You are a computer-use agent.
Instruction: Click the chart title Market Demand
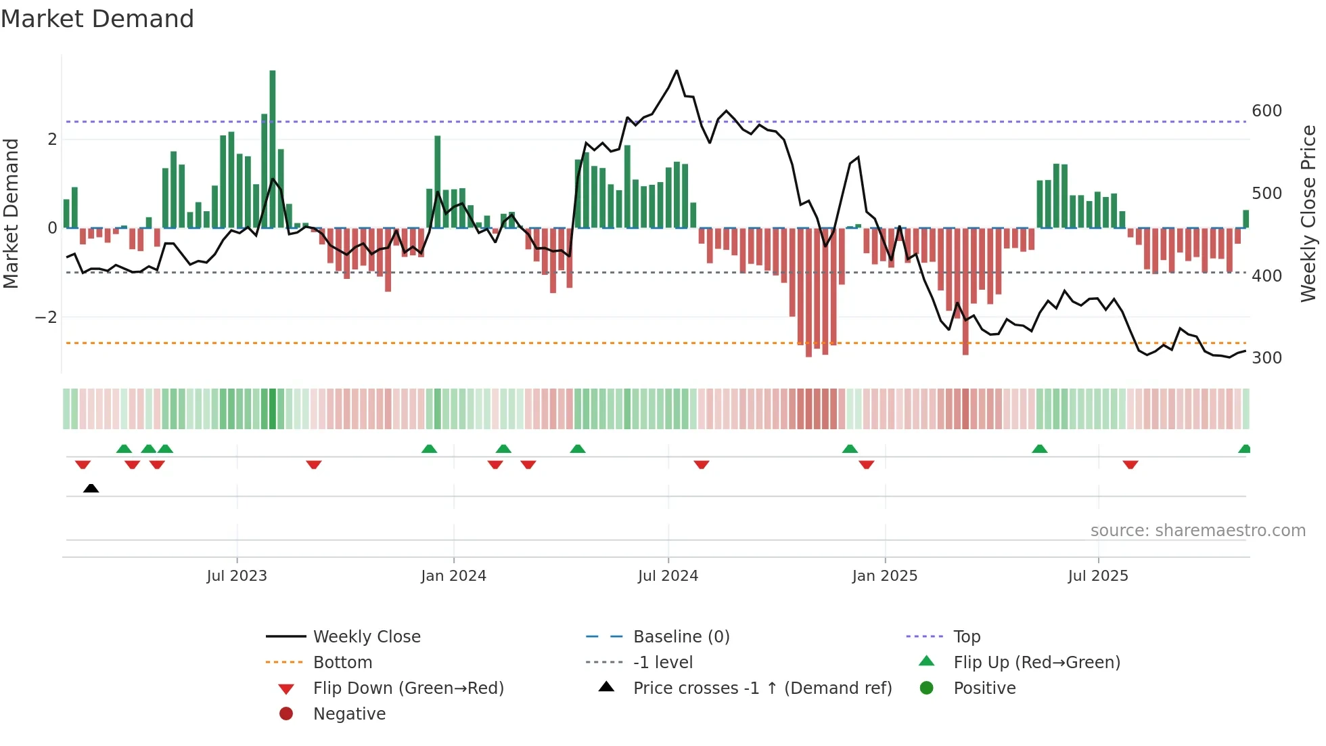tap(97, 19)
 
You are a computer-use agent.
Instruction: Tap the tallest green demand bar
tap(273, 149)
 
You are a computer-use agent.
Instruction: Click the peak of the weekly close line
tap(677, 71)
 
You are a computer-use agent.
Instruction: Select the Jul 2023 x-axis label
tap(237, 575)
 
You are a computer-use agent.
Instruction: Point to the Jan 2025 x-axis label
tap(884, 575)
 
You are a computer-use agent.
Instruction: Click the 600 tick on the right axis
tap(1266, 110)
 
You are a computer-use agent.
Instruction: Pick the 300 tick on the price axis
tap(1266, 357)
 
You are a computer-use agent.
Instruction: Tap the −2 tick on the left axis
tap(46, 317)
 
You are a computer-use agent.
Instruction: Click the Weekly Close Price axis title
tap(1308, 213)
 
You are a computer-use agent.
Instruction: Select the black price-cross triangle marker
tap(91, 488)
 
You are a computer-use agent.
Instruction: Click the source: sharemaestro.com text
tap(1197, 530)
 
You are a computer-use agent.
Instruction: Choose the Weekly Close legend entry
tap(366, 636)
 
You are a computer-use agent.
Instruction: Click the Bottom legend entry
tap(342, 662)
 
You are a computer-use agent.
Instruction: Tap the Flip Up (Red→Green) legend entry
tap(1036, 662)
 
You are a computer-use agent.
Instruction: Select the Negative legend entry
tap(349, 714)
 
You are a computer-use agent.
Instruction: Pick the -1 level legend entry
tap(662, 662)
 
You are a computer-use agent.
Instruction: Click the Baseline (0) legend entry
tap(681, 636)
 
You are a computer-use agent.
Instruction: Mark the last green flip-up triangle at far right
tap(1244, 449)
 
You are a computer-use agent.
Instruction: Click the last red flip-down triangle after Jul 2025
tap(1130, 464)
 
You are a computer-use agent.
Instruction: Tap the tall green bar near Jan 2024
tap(438, 181)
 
